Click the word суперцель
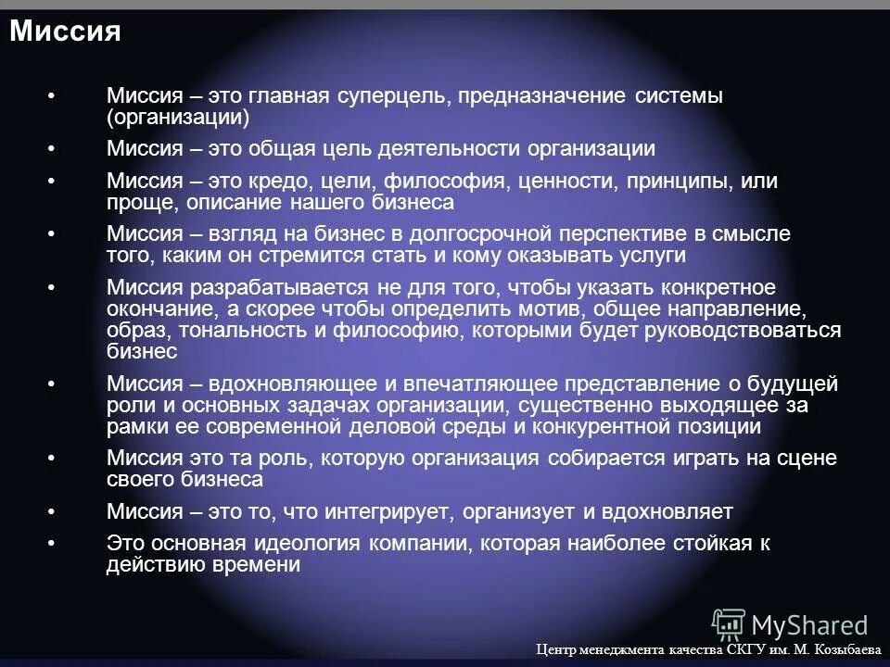click(385, 96)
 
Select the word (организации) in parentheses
click(179, 118)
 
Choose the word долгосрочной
click(472, 233)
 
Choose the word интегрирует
click(387, 511)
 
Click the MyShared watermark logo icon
click(728, 623)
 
